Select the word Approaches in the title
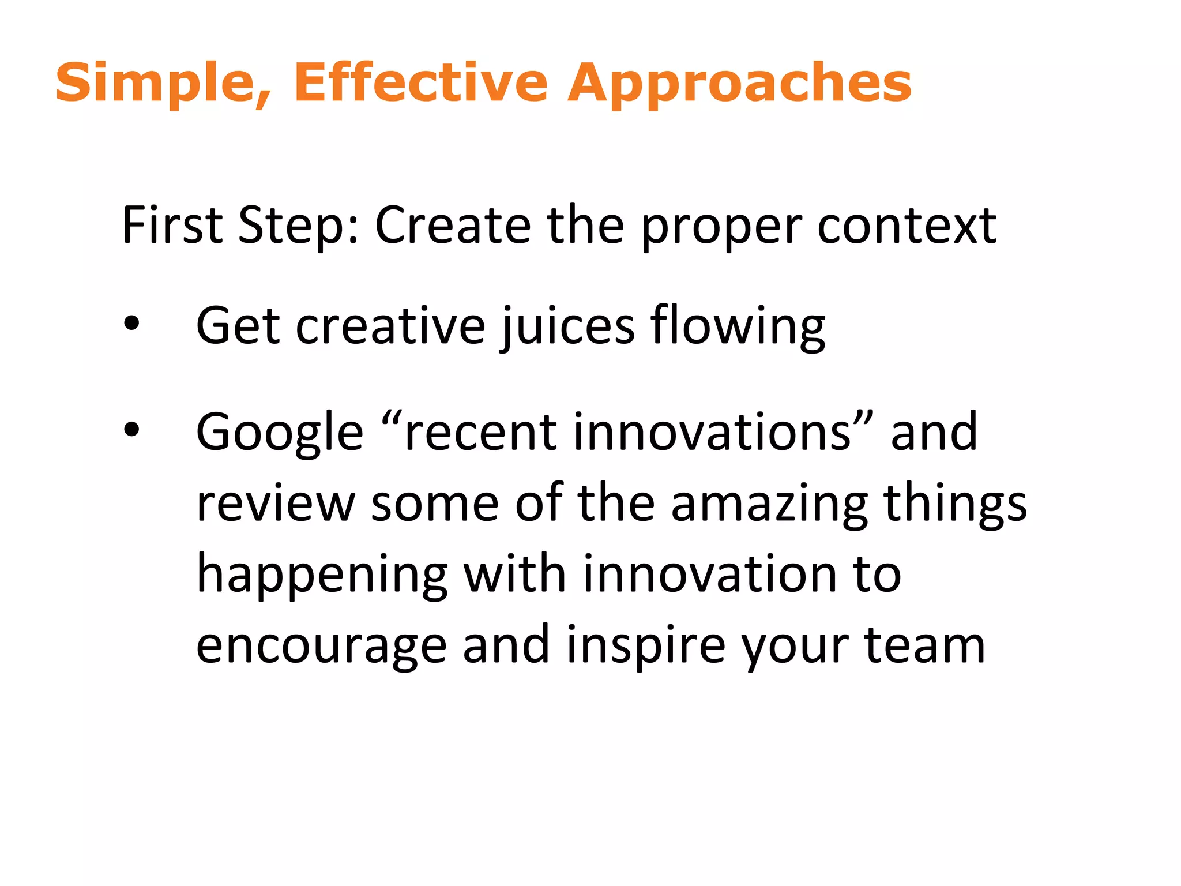click(x=739, y=84)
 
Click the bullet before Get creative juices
click(x=131, y=324)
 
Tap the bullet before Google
click(x=131, y=429)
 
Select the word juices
click(x=568, y=326)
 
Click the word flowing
click(x=738, y=326)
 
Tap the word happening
click(x=322, y=575)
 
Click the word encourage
click(x=321, y=646)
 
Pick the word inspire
click(x=646, y=646)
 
